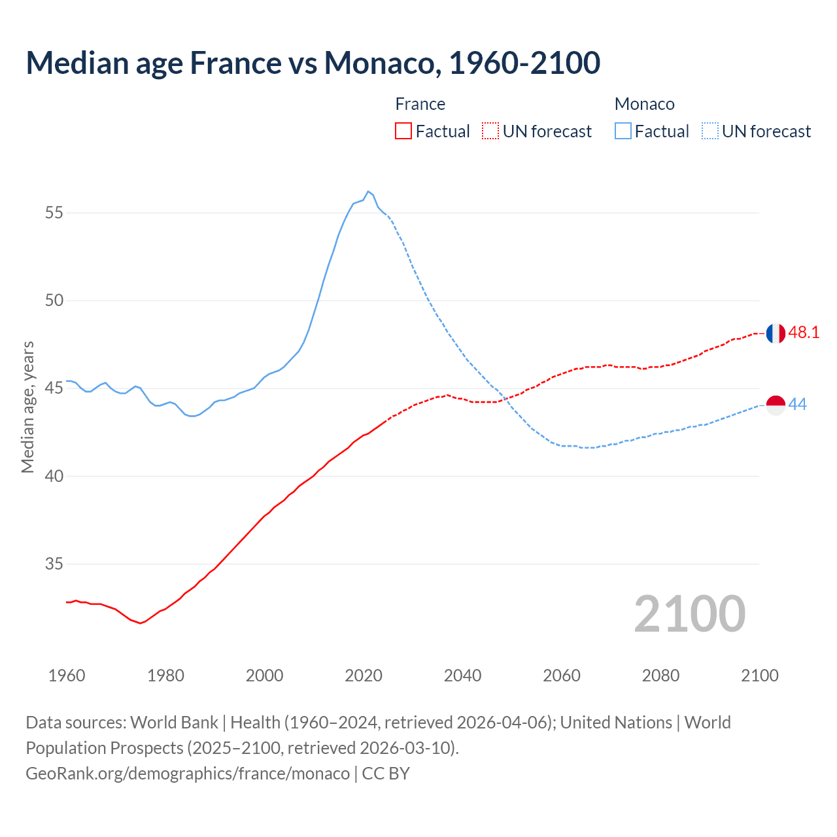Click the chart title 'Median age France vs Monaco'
(313, 63)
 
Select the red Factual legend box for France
(403, 131)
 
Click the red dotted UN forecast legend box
(490, 131)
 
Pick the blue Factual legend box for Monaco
(623, 131)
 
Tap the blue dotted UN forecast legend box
(709, 131)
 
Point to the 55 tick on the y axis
(54, 213)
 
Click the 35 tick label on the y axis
(54, 564)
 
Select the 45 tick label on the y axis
(54, 388)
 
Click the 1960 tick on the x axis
(67, 675)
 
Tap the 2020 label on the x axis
(364, 675)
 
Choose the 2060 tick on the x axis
(562, 675)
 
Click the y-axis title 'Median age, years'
(27, 407)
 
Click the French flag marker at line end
(776, 333)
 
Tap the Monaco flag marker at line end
(776, 405)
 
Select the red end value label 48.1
(804, 333)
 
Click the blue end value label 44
(798, 405)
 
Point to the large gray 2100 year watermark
(689, 613)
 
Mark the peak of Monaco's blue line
(368, 191)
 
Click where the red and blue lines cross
(505, 398)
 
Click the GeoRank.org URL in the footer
(188, 774)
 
